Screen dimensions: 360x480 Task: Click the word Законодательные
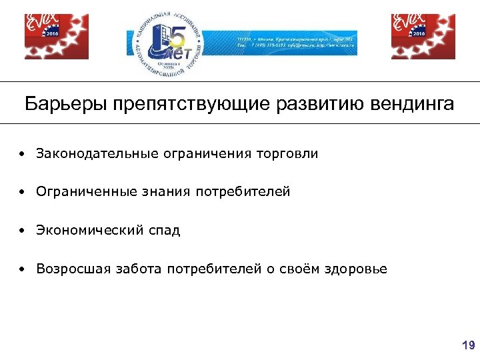[x=97, y=154]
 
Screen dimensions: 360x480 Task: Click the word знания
[x=167, y=193]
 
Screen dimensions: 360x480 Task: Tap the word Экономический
[x=89, y=231]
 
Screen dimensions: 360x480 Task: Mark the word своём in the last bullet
[x=299, y=269]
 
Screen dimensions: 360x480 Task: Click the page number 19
[x=468, y=345]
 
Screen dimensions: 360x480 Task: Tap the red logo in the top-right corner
[x=423, y=37]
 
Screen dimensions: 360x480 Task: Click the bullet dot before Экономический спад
[x=23, y=231]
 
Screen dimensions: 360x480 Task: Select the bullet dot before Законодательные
[x=23, y=155]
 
